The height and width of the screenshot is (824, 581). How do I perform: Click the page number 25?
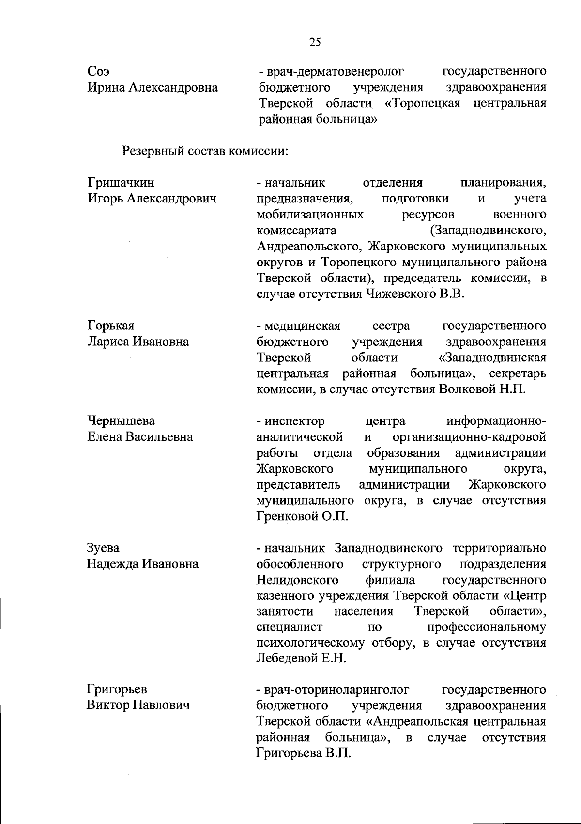315,42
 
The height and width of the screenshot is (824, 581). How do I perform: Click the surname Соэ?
98,72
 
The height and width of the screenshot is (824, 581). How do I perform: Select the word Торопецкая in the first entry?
425,104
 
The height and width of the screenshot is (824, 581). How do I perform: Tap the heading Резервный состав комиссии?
205,151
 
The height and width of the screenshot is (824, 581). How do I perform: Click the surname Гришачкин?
121,183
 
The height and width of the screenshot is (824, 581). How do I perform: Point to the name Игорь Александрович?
152,199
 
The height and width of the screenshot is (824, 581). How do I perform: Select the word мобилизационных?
310,214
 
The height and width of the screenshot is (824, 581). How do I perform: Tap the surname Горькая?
111,326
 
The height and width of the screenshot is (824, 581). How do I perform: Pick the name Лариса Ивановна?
138,342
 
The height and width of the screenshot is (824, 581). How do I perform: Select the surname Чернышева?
121,420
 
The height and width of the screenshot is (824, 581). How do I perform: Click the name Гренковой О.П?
302,516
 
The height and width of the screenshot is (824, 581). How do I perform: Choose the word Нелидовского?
297,580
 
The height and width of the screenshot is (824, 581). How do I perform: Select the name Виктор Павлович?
138,705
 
